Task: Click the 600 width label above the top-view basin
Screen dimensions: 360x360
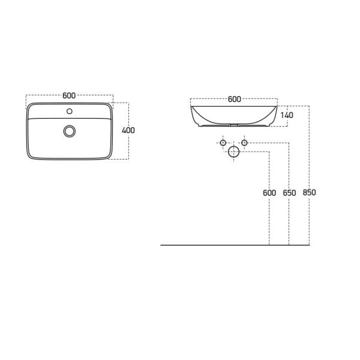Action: [69, 95]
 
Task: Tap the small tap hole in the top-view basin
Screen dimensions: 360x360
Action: [70, 111]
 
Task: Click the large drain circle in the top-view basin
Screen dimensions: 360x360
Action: [70, 130]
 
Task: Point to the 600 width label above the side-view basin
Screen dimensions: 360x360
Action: [234, 100]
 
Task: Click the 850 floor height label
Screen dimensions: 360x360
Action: [309, 193]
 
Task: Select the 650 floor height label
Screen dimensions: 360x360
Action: [289, 193]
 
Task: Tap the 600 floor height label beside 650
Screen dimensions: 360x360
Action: [269, 193]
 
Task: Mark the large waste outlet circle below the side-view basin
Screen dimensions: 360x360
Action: [233, 152]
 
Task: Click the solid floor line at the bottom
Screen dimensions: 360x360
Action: [234, 245]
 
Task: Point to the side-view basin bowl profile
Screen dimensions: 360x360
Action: [234, 117]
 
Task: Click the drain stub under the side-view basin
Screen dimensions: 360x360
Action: [233, 127]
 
